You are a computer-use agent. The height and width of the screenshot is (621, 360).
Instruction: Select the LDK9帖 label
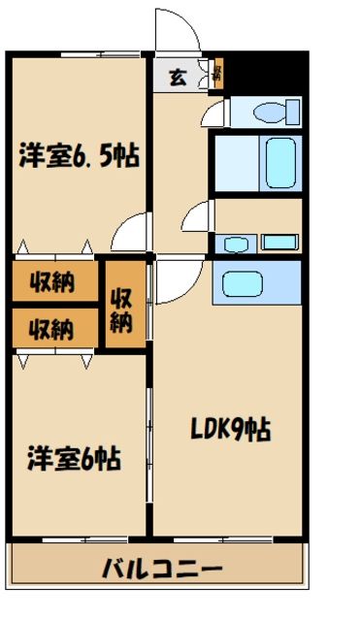[x=229, y=428]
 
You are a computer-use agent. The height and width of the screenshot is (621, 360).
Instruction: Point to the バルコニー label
[x=163, y=569]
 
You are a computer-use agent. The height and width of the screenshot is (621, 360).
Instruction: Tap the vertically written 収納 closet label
[x=121, y=307]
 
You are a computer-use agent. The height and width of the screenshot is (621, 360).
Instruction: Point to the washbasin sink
[x=234, y=243]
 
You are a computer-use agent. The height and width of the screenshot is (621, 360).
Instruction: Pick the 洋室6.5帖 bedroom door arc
[x=128, y=233]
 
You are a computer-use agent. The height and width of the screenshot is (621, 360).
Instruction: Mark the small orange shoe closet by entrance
[x=217, y=74]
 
